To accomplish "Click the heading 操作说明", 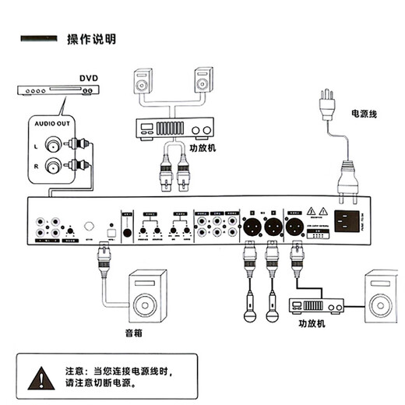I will pyautogui.click(x=92, y=39).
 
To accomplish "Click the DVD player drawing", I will pyautogui.click(x=58, y=91).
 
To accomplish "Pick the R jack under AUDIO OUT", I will pyautogui.click(x=53, y=165).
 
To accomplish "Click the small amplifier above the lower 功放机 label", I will pyautogui.click(x=317, y=305).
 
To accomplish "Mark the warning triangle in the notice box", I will pyautogui.click(x=37, y=379).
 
